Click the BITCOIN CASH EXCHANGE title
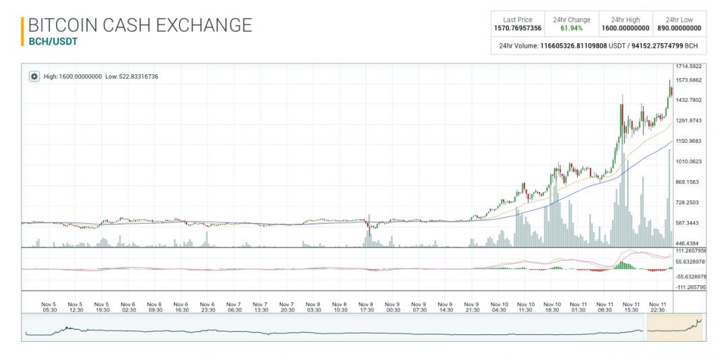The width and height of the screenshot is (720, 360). [140, 26]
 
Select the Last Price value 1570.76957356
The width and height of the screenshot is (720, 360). [518, 28]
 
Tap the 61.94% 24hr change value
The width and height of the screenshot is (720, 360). [572, 28]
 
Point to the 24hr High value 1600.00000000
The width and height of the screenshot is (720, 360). [626, 28]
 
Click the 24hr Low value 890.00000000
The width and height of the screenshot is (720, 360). [679, 28]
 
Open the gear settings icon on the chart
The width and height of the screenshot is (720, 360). [34, 76]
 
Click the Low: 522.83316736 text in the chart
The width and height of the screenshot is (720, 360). [131, 77]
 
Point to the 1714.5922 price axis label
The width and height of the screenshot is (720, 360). [689, 66]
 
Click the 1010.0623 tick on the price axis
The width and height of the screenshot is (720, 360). [689, 162]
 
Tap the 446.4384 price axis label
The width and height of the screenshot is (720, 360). [689, 243]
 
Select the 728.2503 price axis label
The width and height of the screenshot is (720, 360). [689, 202]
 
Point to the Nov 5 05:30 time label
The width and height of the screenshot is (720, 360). [49, 307]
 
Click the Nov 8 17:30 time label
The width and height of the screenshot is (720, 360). [366, 307]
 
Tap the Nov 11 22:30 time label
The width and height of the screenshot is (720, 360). [657, 307]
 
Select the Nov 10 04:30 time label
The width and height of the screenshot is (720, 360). [499, 307]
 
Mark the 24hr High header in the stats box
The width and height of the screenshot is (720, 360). [626, 20]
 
